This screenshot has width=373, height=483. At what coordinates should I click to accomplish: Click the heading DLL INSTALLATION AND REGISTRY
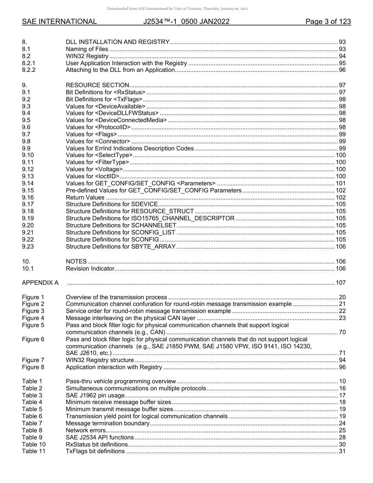[x=117, y=42]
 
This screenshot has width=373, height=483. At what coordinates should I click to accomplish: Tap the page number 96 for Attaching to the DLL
[x=342, y=70]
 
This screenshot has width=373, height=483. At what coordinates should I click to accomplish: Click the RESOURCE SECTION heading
[x=97, y=85]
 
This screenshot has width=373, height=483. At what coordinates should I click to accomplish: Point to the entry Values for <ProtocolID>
[x=98, y=127]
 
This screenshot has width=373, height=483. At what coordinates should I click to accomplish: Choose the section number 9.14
[x=28, y=183]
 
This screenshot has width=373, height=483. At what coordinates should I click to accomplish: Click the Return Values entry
[x=85, y=198]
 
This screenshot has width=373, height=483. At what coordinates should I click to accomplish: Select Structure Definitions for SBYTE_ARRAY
[x=121, y=247]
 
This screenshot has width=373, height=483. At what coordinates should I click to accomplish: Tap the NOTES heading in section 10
[x=76, y=262]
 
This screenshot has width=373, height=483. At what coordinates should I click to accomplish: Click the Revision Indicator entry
[x=90, y=269]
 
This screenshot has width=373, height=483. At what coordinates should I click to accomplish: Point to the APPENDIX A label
[x=40, y=283]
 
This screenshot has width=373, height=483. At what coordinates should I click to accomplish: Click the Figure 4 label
[x=33, y=318]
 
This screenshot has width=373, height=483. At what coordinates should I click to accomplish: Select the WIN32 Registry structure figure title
[x=100, y=360]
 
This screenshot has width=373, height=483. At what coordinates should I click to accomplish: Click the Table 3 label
[x=32, y=395]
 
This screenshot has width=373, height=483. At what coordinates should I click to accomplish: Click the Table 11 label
[x=34, y=451]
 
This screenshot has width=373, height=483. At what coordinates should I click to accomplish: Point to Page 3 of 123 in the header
[x=328, y=22]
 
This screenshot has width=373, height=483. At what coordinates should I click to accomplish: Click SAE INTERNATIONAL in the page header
[x=59, y=22]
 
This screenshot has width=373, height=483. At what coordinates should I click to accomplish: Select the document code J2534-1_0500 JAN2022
[x=186, y=22]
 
